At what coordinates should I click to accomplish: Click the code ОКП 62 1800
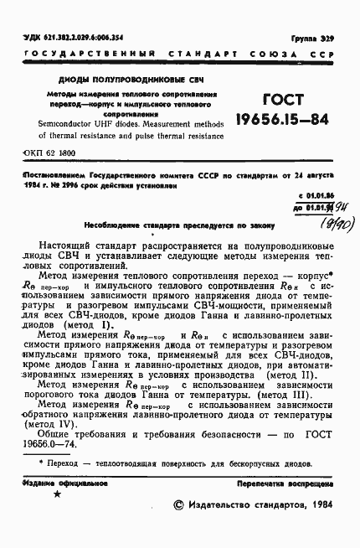51,155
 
